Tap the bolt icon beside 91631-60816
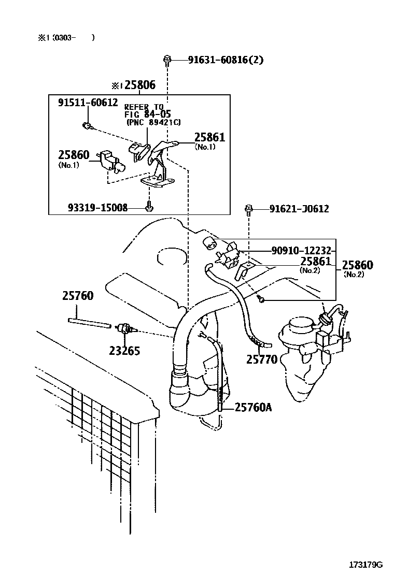[x=167, y=60]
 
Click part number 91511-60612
[x=88, y=103]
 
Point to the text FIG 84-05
[x=147, y=114]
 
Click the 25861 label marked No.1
[x=209, y=137]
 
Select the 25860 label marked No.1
[x=74, y=155]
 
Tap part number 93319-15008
[x=97, y=208]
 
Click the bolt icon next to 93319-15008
[x=148, y=207]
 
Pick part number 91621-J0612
[x=299, y=209]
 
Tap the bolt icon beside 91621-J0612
[x=249, y=209]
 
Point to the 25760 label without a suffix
[x=78, y=296]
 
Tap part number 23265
[x=124, y=351]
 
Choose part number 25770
[x=261, y=358]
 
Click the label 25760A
[x=253, y=408]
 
